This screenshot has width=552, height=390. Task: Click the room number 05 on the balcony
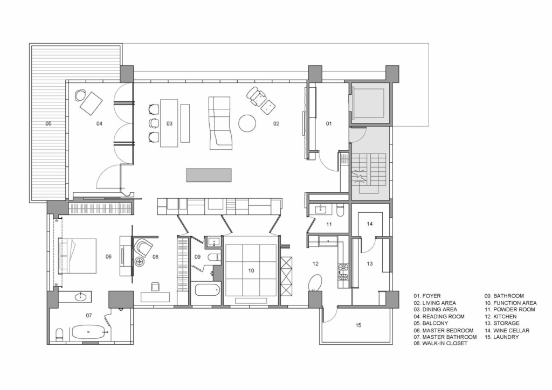pos(49,123)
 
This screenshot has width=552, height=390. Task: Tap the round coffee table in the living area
pos(247,123)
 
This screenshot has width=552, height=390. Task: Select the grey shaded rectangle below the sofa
pos(209,175)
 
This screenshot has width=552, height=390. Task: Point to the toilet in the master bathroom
pos(59,335)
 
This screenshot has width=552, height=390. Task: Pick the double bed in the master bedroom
pos(77,256)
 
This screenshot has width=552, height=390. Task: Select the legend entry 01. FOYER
pos(427,296)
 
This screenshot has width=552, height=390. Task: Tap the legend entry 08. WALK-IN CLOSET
pos(440,343)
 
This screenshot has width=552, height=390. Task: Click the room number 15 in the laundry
pos(358,325)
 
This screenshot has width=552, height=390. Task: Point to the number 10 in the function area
pos(251,271)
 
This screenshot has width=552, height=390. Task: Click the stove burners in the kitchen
pos(343,272)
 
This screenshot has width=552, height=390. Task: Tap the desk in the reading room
pos(91,103)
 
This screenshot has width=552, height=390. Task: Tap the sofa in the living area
pos(219,123)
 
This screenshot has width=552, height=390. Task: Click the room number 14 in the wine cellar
pos(369,224)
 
